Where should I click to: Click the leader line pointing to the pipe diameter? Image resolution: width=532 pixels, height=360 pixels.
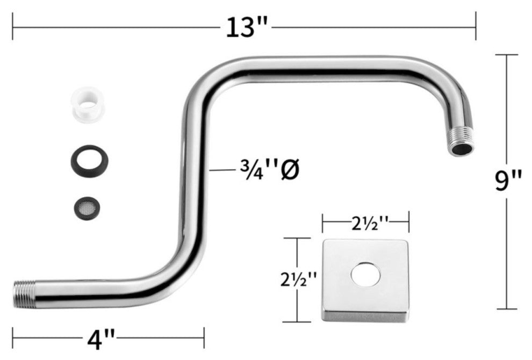221,170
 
